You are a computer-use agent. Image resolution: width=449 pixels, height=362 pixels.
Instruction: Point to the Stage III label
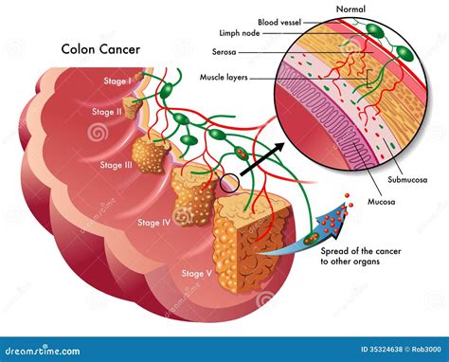[116, 165]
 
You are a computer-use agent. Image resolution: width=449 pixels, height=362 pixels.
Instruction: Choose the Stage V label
[197, 273]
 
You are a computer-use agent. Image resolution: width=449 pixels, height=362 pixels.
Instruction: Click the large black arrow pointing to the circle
[258, 160]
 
